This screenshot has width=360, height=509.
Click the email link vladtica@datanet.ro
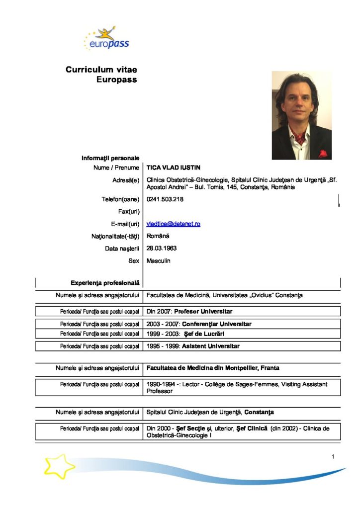coord(173,224)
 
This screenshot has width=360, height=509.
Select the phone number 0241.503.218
coord(165,200)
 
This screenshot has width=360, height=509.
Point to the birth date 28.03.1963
coord(162,248)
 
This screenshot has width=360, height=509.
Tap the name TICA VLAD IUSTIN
coord(173,168)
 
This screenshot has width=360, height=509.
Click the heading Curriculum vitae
coord(101,70)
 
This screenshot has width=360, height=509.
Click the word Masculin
coord(158,260)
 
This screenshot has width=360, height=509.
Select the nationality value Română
coord(158,236)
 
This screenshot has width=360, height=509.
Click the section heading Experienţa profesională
coord(105,283)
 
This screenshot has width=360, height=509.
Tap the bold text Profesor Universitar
coord(203,312)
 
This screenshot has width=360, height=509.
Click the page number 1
coord(333,457)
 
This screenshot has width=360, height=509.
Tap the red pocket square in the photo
coord(323,154)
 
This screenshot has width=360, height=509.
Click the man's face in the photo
coord(299,102)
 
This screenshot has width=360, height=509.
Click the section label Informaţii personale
coord(110,158)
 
